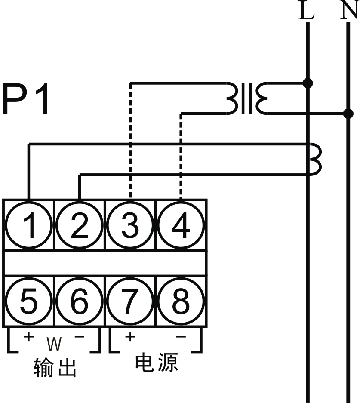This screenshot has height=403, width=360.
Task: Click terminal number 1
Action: tap(29, 225)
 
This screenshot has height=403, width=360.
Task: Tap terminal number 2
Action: tap(80, 225)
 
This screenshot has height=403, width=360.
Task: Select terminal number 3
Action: tap(130, 225)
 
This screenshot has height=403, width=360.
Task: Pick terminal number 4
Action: tap(181, 225)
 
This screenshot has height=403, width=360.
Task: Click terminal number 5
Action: tap(29, 301)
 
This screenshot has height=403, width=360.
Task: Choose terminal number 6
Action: tap(80, 301)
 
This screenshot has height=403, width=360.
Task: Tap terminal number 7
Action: tap(130, 301)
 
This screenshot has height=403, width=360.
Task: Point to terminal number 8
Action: tap(181, 301)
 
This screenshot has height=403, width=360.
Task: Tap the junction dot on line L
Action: tap(308, 83)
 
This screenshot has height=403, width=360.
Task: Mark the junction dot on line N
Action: tap(348, 114)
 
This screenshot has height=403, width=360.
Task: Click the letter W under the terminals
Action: tap(54, 344)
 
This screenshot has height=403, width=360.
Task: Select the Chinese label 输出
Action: tap(55, 368)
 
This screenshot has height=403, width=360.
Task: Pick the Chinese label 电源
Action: tap(157, 363)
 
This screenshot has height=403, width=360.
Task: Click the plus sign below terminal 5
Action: tap(29, 336)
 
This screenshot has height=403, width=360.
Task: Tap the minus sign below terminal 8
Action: tap(181, 337)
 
